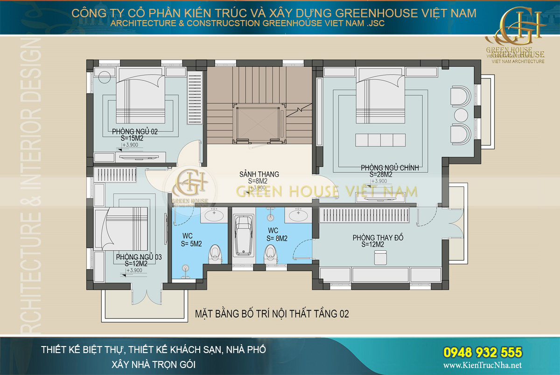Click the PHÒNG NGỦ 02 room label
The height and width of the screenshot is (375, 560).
[x=135, y=132]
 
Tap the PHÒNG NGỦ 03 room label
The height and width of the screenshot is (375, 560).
[x=139, y=257]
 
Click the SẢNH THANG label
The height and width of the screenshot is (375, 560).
[x=259, y=174]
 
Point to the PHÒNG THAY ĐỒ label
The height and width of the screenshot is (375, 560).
[x=378, y=238]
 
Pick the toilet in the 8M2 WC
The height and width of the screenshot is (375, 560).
[x=269, y=254]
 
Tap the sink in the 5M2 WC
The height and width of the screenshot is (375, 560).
[x=215, y=216]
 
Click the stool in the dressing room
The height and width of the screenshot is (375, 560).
[x=380, y=256]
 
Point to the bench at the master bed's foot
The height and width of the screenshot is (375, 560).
[x=380, y=140]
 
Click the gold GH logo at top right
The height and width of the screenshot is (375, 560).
[x=519, y=26]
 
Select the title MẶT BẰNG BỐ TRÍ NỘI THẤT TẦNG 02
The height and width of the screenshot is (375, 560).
[x=272, y=314]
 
